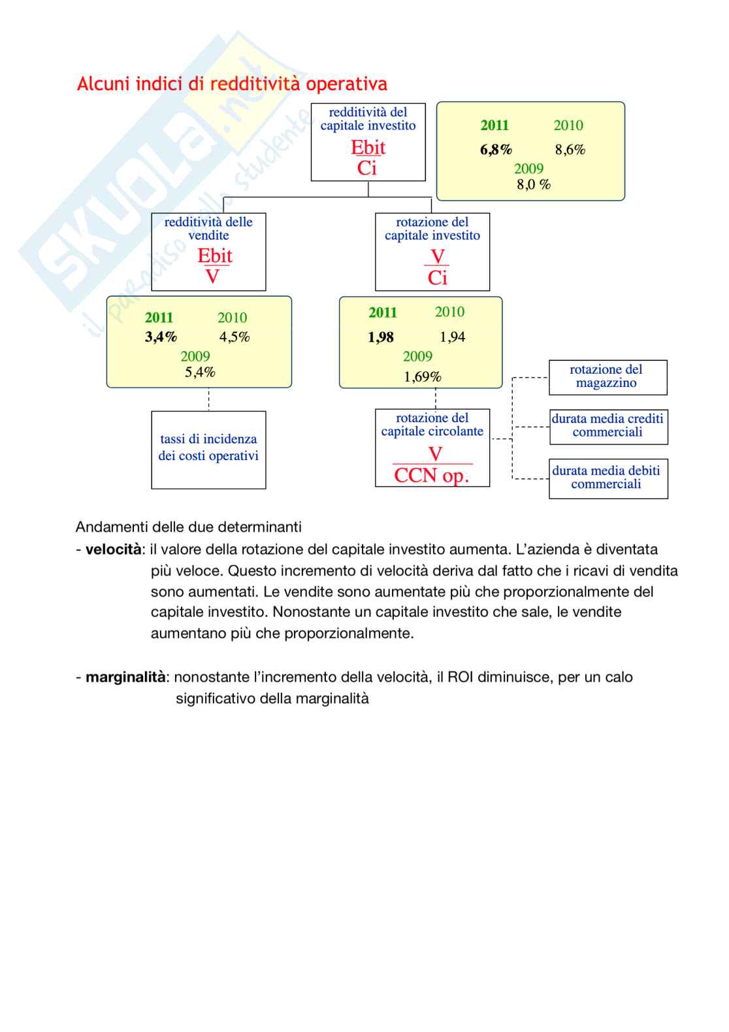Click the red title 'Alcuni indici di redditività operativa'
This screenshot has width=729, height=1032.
coord(232,84)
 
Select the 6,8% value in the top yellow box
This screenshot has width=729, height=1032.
coord(496,150)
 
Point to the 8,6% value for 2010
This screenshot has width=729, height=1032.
coord(570,150)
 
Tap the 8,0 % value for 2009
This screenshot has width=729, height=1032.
coord(533,184)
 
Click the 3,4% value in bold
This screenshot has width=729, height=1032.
coord(161,337)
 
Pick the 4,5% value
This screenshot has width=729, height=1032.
coord(234,337)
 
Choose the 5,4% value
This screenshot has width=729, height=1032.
coord(200,373)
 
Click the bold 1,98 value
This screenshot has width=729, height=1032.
coord(381,337)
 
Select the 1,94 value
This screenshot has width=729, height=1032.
coord(452,337)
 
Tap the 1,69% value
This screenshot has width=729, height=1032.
coord(422,377)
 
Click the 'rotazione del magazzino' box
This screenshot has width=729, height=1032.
coord(607,377)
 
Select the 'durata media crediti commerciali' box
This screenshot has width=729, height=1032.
coord(607,426)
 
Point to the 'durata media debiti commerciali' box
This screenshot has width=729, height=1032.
coord(607,478)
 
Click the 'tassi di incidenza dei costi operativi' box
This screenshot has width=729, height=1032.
coord(208,449)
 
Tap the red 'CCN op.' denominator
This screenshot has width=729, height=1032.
coord(431,476)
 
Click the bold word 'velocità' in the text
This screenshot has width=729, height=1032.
coord(113,550)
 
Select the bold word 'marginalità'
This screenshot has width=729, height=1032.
coord(125,677)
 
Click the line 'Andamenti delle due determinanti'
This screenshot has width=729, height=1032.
coord(189,527)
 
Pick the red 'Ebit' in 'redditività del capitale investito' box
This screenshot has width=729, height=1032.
coord(368,147)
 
